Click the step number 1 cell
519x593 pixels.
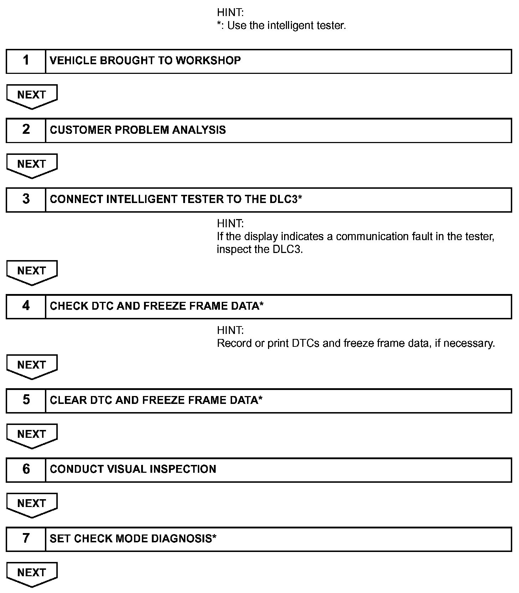tap(26, 61)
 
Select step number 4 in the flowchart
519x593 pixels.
tap(26, 306)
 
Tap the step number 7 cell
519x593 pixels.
tap(26, 538)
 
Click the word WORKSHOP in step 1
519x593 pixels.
tap(208, 61)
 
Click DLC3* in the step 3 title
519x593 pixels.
tap(286, 199)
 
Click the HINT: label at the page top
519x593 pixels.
tap(230, 12)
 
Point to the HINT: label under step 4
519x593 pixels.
tap(230, 330)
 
